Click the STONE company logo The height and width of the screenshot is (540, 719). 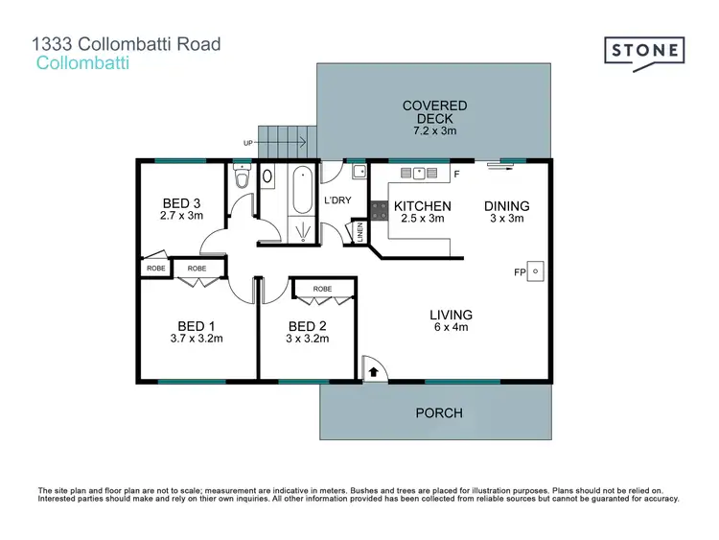pyautogui.click(x=643, y=51)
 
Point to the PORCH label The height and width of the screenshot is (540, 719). pyautogui.click(x=439, y=413)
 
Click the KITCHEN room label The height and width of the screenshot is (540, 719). pyautogui.click(x=423, y=206)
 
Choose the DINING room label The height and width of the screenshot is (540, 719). pyautogui.click(x=506, y=206)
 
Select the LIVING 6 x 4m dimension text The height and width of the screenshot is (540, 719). pyautogui.click(x=451, y=326)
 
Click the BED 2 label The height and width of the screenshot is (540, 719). pyautogui.click(x=308, y=325)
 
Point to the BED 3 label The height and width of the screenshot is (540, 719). pyautogui.click(x=181, y=202)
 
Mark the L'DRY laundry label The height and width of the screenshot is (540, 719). pyautogui.click(x=339, y=200)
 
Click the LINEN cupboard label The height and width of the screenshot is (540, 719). pyautogui.click(x=360, y=232)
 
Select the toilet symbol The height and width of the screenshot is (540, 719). pyautogui.click(x=242, y=178)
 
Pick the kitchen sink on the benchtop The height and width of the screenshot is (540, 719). pyautogui.click(x=419, y=174)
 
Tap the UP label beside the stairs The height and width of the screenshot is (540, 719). pyautogui.click(x=248, y=143)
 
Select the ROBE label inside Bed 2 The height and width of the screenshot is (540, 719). pyautogui.click(x=322, y=288)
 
